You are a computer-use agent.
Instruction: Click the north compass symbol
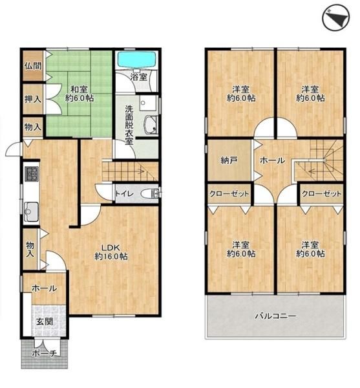336,18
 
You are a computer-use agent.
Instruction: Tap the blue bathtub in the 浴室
137,59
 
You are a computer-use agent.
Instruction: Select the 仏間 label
33,66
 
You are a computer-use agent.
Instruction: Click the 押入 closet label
33,99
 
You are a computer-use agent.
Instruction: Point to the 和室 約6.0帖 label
79,94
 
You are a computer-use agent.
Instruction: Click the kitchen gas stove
32,174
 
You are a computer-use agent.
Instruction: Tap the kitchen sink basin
31,211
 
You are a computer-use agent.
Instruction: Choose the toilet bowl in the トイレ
150,193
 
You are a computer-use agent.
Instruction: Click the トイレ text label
125,193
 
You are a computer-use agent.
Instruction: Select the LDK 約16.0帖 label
111,252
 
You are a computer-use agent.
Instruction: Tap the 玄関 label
45,321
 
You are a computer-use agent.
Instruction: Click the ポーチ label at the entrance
45,354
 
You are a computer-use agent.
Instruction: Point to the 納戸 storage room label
229,160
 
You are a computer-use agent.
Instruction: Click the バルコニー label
275,316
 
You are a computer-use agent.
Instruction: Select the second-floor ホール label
273,160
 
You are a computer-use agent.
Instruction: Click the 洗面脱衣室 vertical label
129,125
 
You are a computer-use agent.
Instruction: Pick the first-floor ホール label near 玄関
45,288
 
